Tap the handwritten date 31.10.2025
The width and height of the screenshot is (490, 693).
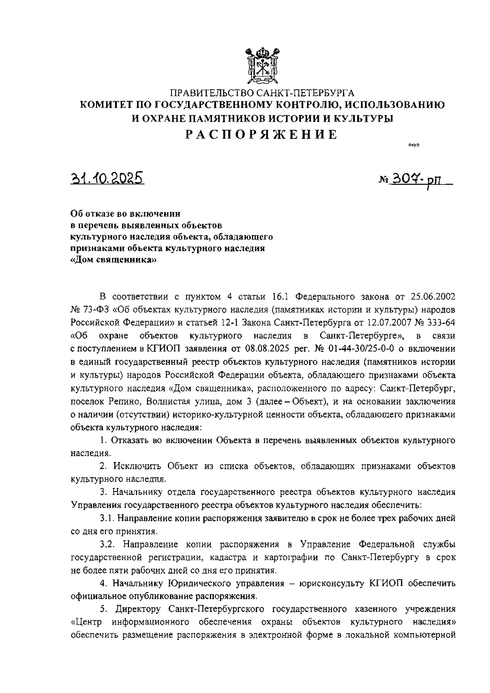[x=107, y=178]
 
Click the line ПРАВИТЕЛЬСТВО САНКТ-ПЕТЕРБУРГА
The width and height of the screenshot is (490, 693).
[x=262, y=93]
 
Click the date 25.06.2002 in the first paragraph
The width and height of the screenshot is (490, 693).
[x=431, y=296]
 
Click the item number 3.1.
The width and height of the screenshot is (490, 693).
[x=107, y=518]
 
